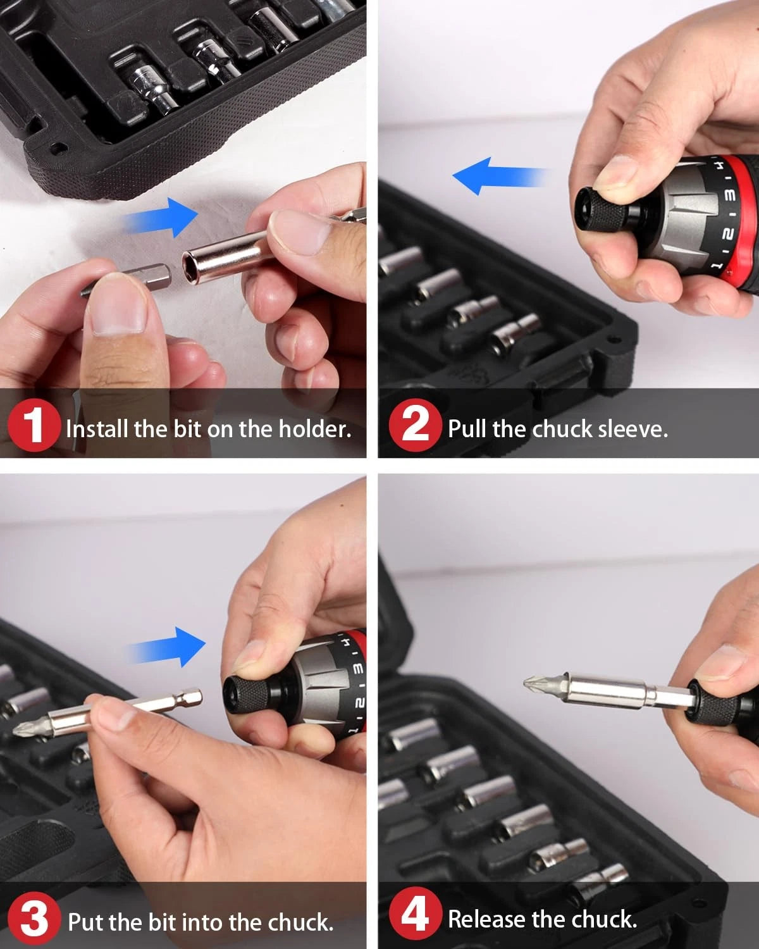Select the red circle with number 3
[x=34, y=919]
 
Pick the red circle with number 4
[x=415, y=916]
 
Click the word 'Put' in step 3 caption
[x=86, y=922]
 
